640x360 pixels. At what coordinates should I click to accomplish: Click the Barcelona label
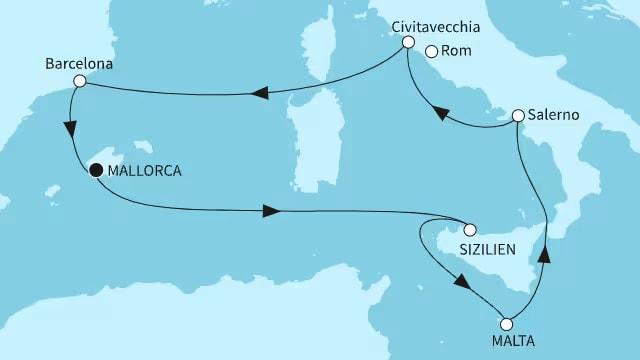(x=78, y=63)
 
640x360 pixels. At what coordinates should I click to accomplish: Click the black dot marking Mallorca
(x=95, y=170)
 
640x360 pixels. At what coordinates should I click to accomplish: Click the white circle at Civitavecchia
(x=408, y=42)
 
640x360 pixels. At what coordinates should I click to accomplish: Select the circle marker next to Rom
(x=432, y=53)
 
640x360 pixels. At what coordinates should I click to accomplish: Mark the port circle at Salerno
(x=518, y=116)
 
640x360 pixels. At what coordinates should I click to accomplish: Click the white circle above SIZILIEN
(x=469, y=227)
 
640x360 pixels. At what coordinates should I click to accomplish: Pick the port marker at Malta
(x=506, y=324)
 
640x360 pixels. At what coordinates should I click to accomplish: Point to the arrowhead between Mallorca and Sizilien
(x=270, y=211)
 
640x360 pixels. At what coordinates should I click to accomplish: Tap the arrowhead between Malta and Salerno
(x=544, y=254)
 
